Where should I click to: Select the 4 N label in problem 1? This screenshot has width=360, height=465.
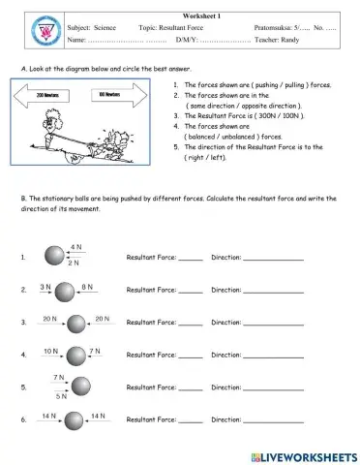[75, 248]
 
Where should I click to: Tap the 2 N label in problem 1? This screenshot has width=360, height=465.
[75, 263]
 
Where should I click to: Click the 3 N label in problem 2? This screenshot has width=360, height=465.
[45, 287]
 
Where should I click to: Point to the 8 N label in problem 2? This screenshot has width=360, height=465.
[88, 287]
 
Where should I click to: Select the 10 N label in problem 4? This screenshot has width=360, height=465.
[50, 351]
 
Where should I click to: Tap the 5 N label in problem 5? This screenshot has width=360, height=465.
[61, 395]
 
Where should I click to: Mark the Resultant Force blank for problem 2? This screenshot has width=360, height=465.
[191, 292]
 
